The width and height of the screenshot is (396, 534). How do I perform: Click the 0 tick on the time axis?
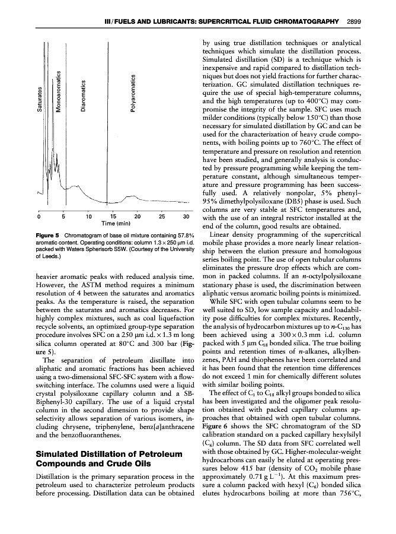click(x=39, y=215)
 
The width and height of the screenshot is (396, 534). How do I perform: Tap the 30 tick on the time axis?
click(x=186, y=215)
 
